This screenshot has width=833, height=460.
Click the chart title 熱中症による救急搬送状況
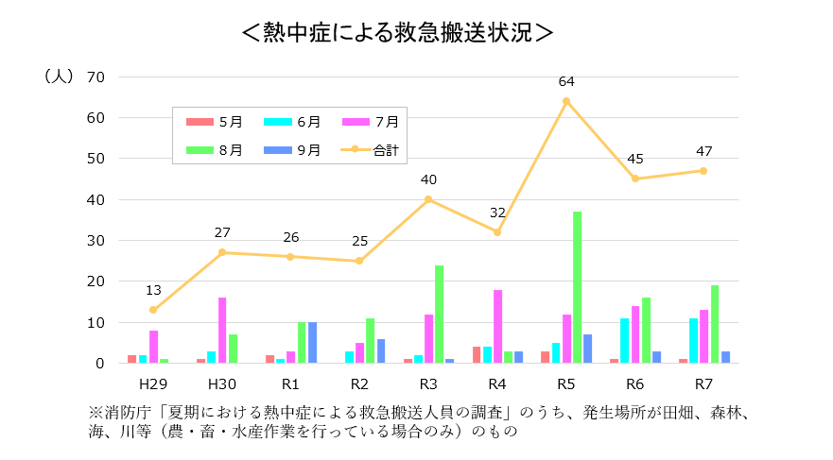(x=397, y=31)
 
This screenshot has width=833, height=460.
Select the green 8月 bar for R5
(x=577, y=287)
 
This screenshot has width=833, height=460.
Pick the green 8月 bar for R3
(x=439, y=314)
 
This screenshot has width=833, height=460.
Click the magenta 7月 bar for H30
(x=222, y=330)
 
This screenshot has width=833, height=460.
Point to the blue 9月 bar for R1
(x=312, y=342)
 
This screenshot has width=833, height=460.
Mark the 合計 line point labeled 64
(x=566, y=101)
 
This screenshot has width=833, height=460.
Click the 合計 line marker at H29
(x=153, y=310)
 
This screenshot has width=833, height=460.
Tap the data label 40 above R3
(x=428, y=179)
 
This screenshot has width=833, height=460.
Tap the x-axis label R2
(x=359, y=384)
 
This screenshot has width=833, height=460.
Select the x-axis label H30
(x=222, y=384)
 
